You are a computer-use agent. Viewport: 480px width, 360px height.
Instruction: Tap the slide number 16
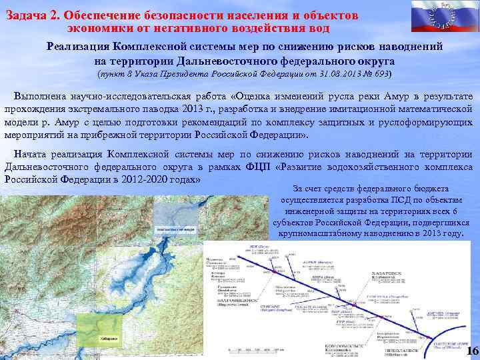[x=472, y=351]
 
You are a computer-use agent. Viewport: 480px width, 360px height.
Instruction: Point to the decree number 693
[x=381, y=73]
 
